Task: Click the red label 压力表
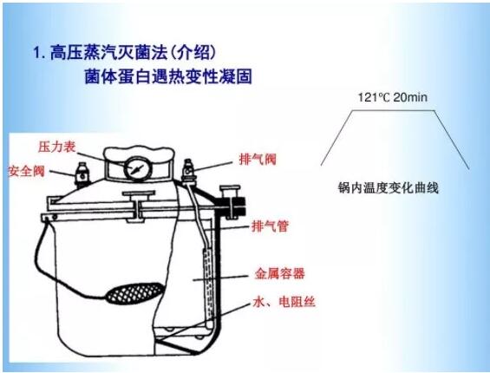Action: click(57, 147)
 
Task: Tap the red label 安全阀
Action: click(27, 172)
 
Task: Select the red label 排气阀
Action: click(258, 159)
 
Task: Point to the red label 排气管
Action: click(270, 226)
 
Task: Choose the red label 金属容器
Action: click(279, 273)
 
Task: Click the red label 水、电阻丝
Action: click(284, 302)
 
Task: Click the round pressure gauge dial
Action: click(138, 169)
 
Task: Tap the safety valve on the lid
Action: click(82, 173)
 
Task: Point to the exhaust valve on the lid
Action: click(188, 171)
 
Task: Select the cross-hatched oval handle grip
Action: click(135, 293)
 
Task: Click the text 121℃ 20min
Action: click(392, 97)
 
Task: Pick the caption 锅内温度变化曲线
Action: click(389, 188)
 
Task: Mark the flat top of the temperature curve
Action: click(393, 110)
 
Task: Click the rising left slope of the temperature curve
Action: click(336, 138)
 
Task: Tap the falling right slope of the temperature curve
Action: click(452, 140)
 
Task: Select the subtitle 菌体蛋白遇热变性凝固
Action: click(168, 76)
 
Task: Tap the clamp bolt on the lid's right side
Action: click(231, 203)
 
